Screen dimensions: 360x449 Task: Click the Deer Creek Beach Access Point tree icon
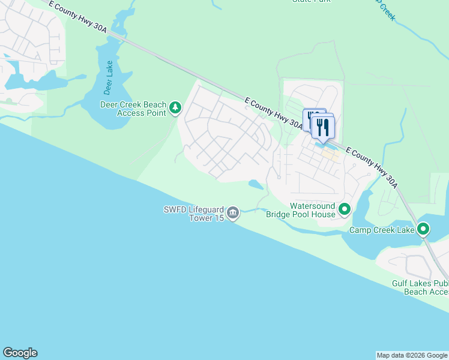pos(175,107)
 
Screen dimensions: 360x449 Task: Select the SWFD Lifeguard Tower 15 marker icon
pos(234,213)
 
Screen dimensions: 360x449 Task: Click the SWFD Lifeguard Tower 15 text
pos(194,214)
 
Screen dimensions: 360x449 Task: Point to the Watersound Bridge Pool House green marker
pos(345,209)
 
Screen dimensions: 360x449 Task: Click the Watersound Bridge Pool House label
pos(312,210)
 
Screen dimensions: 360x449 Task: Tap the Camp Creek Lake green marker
pos(423,229)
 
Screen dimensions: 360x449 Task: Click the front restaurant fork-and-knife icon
pos(323,127)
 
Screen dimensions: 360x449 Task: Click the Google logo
pos(20,353)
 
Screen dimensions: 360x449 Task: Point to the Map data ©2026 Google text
pos(412,355)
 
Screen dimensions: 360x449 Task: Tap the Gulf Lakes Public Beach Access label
pos(420,287)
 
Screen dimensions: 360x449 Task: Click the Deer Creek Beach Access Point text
pos(133,108)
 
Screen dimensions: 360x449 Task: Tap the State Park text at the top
pos(311,1)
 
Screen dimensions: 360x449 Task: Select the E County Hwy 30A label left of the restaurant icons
pos(274,113)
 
